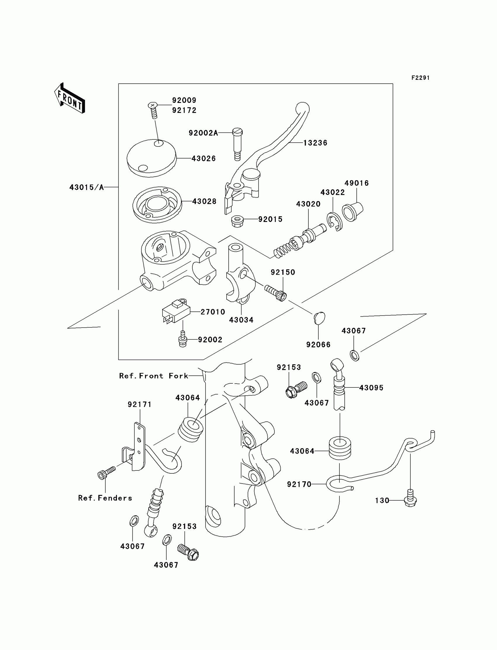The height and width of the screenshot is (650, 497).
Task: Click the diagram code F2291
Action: coord(420,78)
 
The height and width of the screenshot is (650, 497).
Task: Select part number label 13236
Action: coord(315,143)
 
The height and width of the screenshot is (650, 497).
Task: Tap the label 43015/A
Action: coord(86,187)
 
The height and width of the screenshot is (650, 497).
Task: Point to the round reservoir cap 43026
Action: coord(151,158)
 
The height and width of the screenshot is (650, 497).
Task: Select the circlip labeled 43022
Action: coord(334,221)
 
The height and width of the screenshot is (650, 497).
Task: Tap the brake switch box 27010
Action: coord(175,311)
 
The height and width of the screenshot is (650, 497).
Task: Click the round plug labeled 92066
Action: coord(319,318)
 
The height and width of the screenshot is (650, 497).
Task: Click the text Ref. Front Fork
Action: coord(153,376)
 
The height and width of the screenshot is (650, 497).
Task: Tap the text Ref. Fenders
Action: coord(105,498)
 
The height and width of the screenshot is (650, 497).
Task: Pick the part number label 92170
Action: coord(299,484)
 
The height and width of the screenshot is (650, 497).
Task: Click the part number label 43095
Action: coord(371,388)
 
